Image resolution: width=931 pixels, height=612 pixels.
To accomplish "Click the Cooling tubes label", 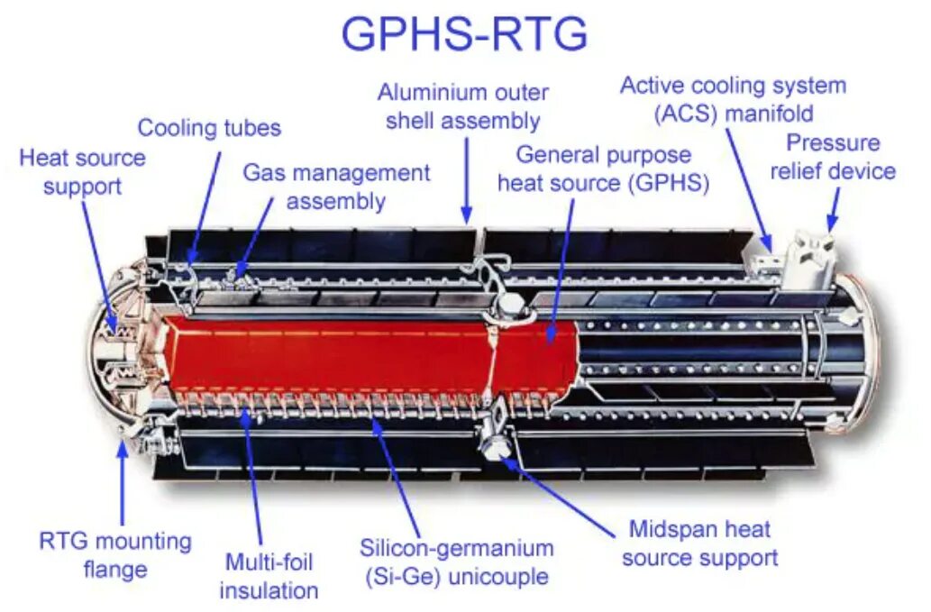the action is click(209, 128).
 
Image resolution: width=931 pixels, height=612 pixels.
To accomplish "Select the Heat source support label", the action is click(82, 172).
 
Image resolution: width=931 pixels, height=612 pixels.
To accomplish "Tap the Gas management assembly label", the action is click(336, 187).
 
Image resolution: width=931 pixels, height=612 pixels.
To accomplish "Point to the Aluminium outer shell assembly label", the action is click(462, 106).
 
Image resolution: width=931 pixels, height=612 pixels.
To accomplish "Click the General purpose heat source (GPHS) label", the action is click(603, 169).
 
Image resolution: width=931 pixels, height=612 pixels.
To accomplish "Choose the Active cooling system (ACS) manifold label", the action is click(733, 99).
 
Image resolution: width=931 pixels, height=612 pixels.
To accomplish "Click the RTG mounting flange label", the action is click(115, 555).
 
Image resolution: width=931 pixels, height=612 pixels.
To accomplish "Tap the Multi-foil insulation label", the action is click(269, 577).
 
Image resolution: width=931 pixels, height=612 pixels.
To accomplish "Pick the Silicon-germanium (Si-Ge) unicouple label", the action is click(457, 562).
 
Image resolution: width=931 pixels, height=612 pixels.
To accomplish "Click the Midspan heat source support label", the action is click(699, 543).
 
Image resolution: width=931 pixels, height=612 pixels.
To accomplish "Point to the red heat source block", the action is click(361, 352).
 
